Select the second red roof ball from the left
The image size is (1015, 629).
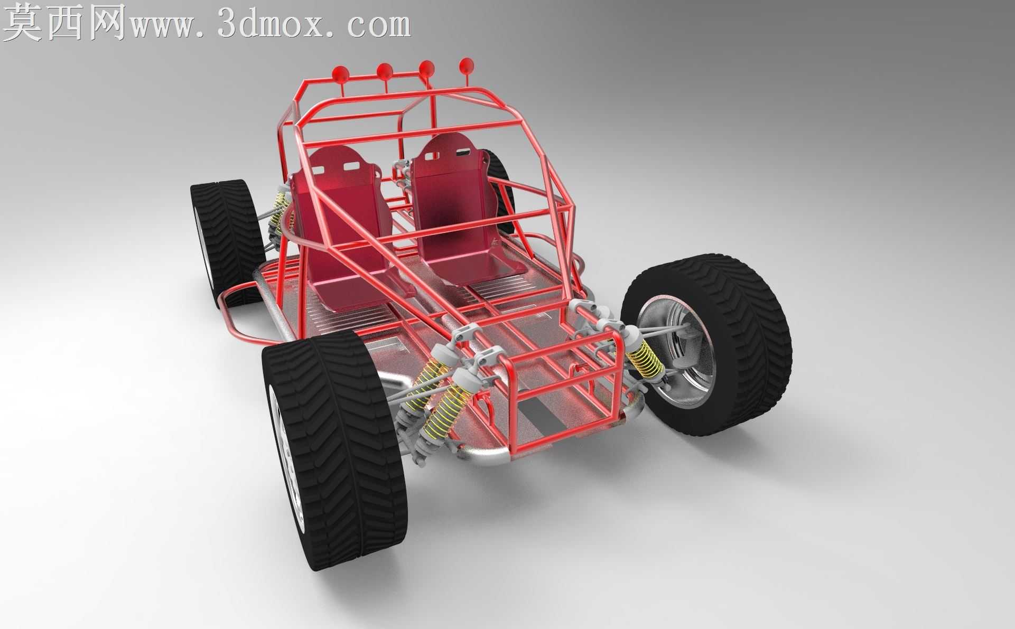(385, 71)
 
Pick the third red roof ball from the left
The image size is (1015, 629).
(427, 68)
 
